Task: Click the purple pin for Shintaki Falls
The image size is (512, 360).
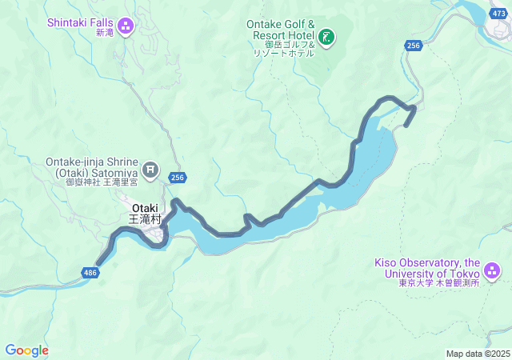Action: point(125,26)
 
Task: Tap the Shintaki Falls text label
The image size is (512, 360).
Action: point(80,22)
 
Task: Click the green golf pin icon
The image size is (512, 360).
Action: point(326,37)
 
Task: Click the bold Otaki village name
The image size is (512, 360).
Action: point(145,207)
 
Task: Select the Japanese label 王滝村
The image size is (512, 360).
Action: point(145,218)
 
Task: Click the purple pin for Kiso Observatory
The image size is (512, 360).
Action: point(491,272)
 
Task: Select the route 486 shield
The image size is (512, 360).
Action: point(90,274)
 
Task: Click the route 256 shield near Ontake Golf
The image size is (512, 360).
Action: point(413,46)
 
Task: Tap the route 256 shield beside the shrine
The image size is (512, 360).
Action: point(178,177)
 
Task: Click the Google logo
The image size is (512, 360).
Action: point(26,350)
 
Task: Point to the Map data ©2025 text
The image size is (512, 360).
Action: point(477,354)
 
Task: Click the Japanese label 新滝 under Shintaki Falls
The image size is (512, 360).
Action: point(104,33)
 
